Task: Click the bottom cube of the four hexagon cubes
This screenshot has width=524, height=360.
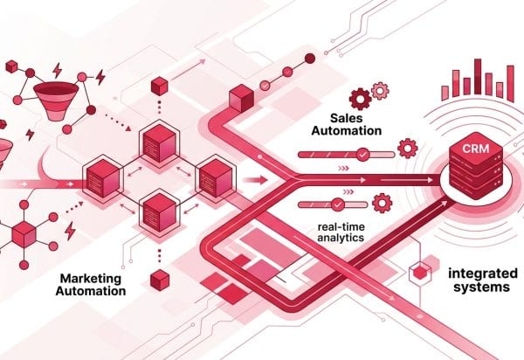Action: [x=159, y=211]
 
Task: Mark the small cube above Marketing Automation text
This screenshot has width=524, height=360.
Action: [x=158, y=280]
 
